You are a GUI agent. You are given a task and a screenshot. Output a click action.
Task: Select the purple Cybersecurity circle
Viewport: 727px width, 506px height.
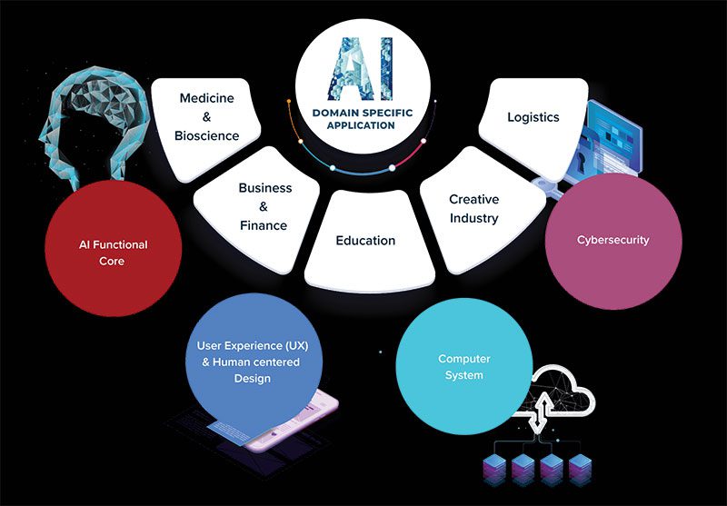click(x=613, y=241)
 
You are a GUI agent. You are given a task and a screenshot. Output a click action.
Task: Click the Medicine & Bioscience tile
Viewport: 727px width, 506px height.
click(x=208, y=116)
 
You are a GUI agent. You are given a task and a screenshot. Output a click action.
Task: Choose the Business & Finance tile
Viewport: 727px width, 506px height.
click(x=264, y=206)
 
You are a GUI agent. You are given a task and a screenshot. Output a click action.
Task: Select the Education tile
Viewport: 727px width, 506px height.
click(x=365, y=241)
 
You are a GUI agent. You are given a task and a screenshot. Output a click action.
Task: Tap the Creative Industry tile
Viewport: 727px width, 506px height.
click(x=473, y=209)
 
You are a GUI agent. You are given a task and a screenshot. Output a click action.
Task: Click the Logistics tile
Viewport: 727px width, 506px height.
click(x=533, y=117)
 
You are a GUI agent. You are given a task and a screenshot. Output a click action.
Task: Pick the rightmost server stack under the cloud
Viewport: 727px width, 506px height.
click(x=579, y=465)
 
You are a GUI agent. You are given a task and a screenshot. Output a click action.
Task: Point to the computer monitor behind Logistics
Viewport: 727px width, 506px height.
click(x=614, y=132)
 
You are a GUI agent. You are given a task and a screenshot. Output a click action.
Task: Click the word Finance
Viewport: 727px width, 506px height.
click(x=264, y=225)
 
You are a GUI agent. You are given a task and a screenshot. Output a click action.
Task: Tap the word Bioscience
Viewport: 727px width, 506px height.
click(x=207, y=136)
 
